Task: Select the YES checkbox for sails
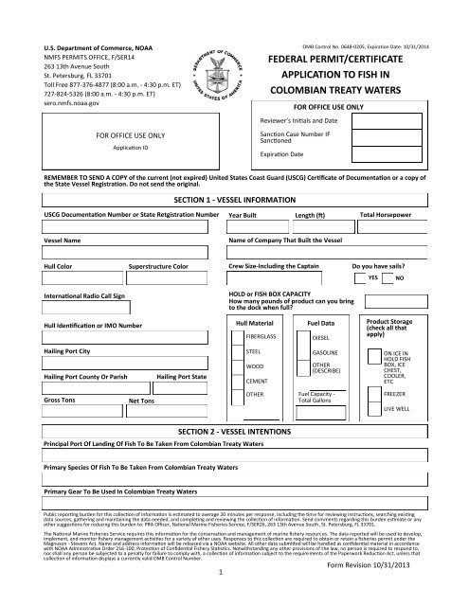[372, 279]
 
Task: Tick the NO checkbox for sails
[399, 279]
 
